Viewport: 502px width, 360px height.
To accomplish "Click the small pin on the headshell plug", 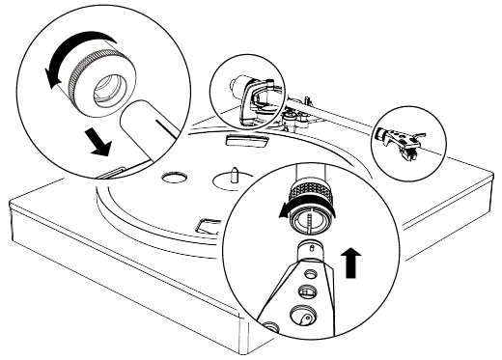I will (310, 252).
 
